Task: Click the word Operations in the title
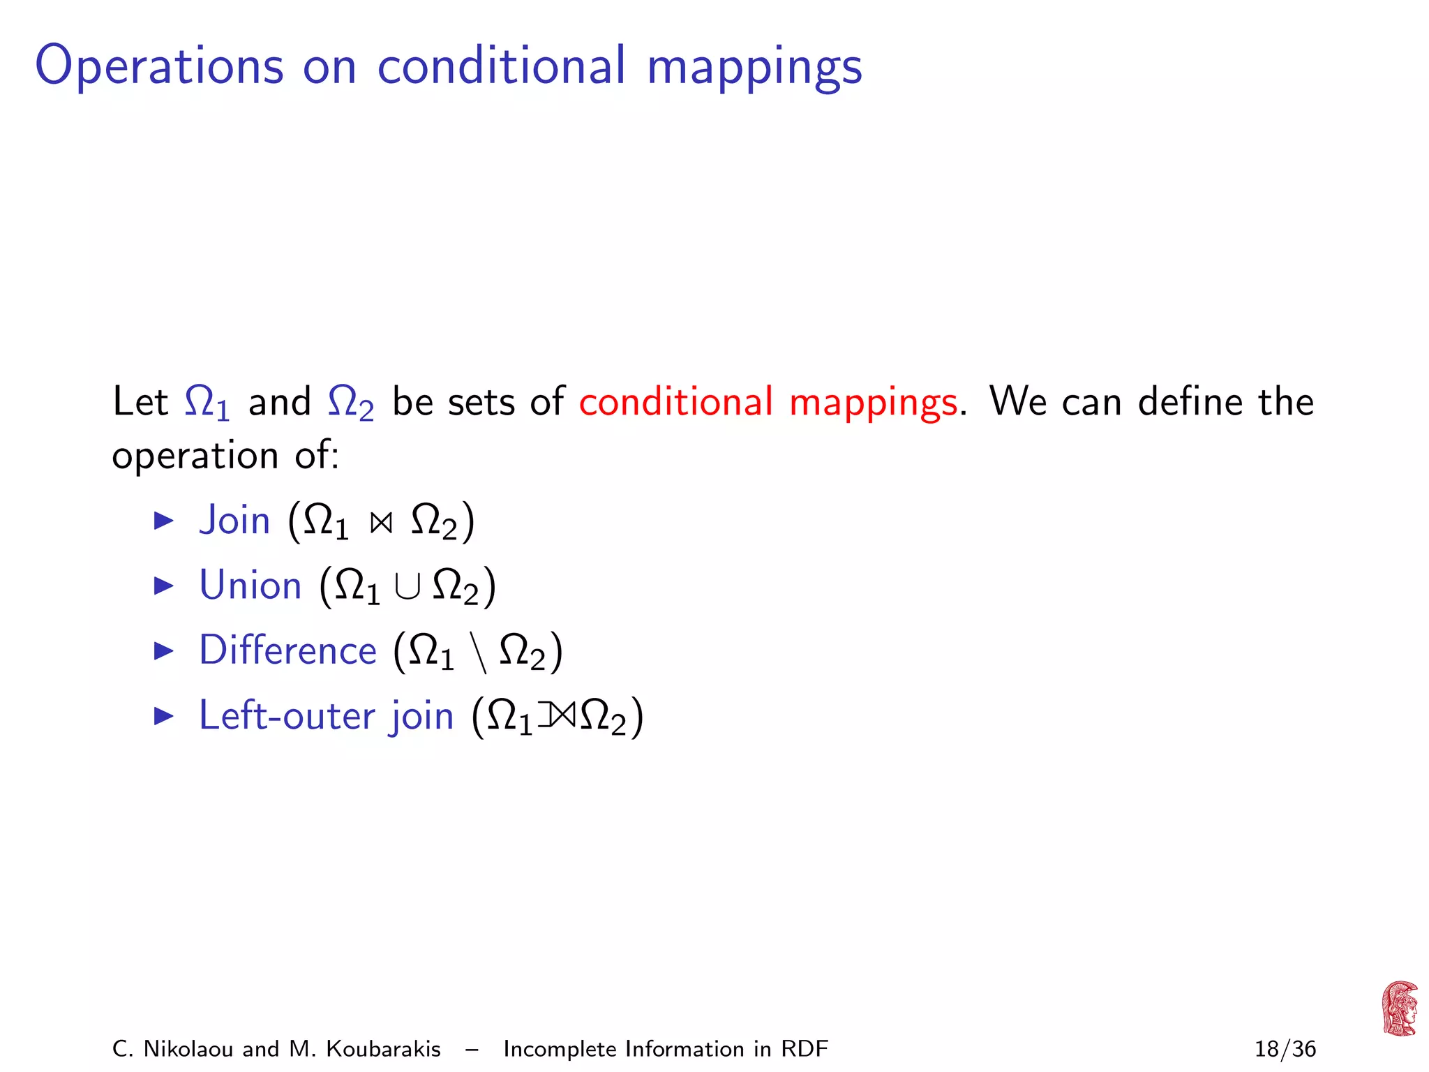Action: pos(159,66)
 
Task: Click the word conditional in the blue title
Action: pos(500,66)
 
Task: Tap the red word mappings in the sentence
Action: pos(873,403)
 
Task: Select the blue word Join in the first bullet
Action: pos(234,521)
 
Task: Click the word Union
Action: pos(250,586)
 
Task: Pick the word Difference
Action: pos(287,650)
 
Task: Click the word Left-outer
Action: pos(287,715)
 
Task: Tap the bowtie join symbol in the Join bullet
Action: pos(381,523)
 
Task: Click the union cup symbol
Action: pos(407,587)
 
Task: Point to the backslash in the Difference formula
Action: pos(478,653)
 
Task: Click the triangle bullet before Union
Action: pos(163,586)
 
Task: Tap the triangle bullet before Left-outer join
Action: pos(163,715)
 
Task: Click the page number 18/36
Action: pos(1285,1049)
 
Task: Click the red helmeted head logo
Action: pos(1399,1008)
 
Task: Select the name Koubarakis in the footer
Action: pos(383,1049)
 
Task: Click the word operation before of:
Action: pos(195,456)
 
